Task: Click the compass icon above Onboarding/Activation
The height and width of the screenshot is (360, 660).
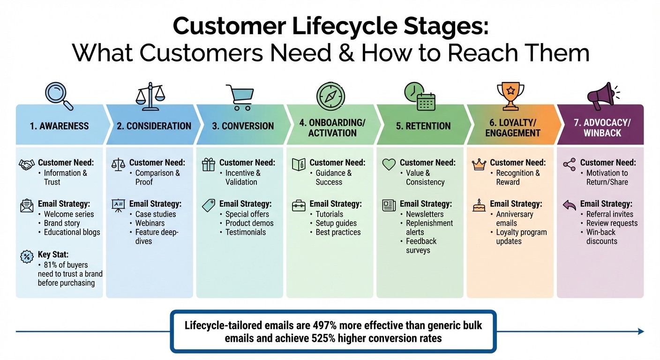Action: [330, 96]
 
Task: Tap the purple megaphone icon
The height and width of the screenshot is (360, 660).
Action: [601, 96]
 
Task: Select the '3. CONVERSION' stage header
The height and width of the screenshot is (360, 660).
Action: [243, 126]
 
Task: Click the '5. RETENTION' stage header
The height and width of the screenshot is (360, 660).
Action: [423, 126]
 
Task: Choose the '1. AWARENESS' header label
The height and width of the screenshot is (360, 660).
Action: [59, 126]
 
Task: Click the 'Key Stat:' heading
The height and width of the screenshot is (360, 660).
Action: [53, 255]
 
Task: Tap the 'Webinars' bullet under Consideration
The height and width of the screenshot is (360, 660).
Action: [150, 223]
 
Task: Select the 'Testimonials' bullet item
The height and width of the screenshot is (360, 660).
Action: [246, 232]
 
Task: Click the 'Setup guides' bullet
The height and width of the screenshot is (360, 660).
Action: [336, 223]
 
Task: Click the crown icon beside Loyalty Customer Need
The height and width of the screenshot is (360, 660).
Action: [479, 164]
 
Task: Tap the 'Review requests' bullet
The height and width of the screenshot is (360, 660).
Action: [612, 223]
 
